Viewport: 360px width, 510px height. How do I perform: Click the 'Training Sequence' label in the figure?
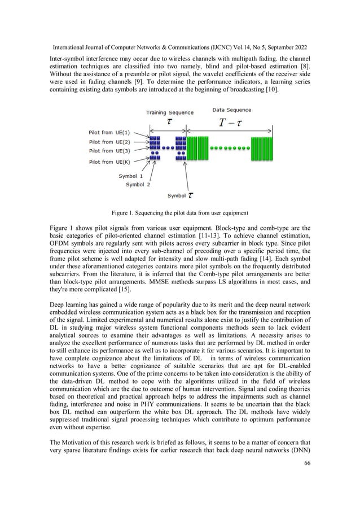170,112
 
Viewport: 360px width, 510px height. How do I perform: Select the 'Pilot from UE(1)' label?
109,132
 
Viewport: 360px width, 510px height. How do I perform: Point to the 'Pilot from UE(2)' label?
109,142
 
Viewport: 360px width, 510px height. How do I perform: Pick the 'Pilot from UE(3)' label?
109,151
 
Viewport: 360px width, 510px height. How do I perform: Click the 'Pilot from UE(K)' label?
109,163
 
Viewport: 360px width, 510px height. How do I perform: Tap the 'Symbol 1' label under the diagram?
130,176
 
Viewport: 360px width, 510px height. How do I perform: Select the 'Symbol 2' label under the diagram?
138,184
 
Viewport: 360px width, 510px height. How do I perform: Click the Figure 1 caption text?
179,212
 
